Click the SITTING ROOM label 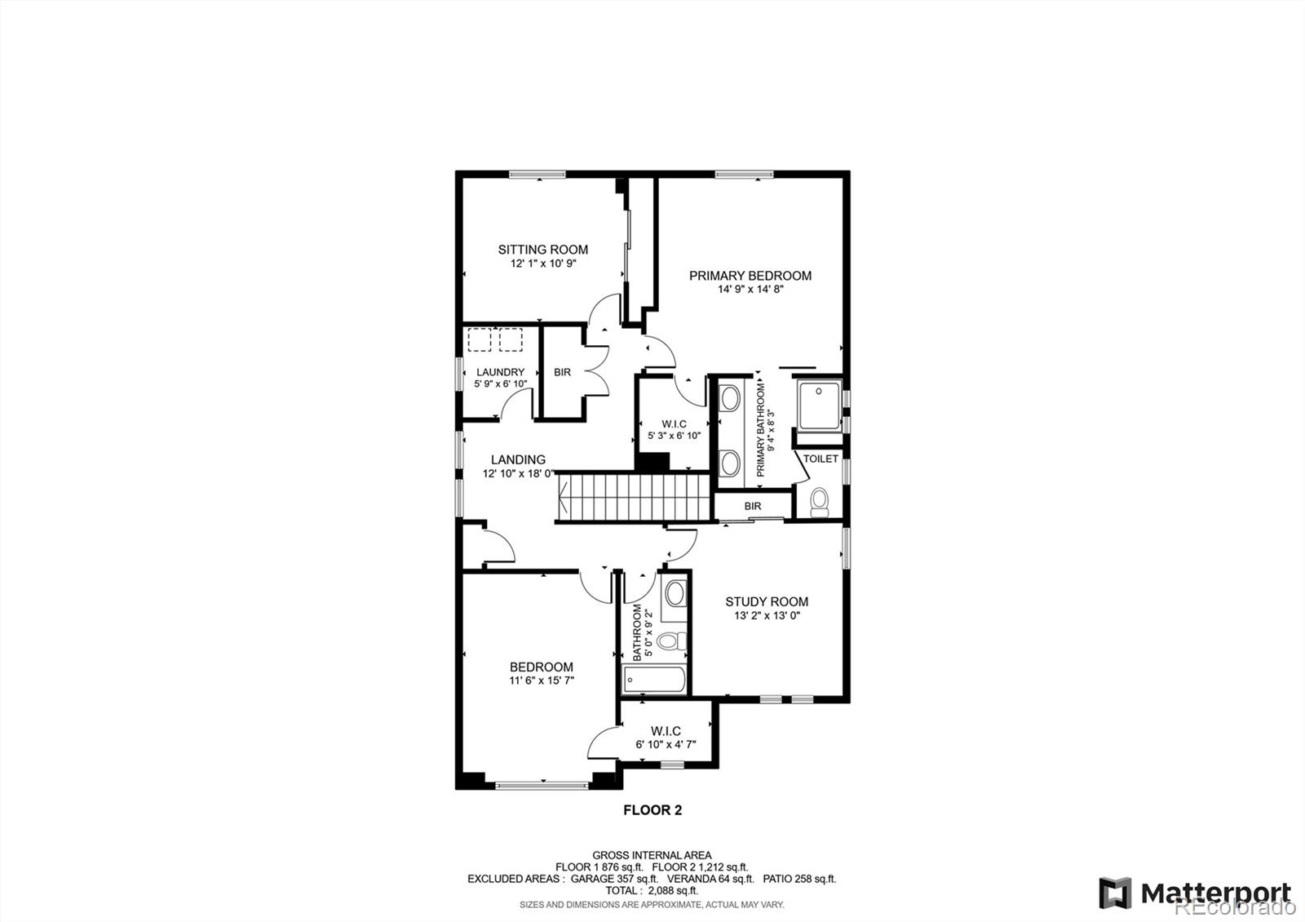tap(542, 250)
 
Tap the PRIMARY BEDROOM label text tap(750, 276)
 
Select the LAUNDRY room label tap(500, 372)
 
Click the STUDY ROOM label tap(767, 602)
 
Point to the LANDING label tap(518, 460)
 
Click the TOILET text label tap(820, 459)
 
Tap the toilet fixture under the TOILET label tap(819, 501)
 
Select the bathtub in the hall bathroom tap(654, 680)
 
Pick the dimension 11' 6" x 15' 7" tap(542, 680)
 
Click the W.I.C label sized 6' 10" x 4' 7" tap(666, 731)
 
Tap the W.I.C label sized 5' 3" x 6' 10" tap(674, 424)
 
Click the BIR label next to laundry tap(562, 372)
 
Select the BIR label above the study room tap(752, 507)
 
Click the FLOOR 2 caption tap(652, 810)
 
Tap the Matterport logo tap(1194, 893)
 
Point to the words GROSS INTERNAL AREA tap(652, 855)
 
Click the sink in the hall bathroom tap(674, 594)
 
